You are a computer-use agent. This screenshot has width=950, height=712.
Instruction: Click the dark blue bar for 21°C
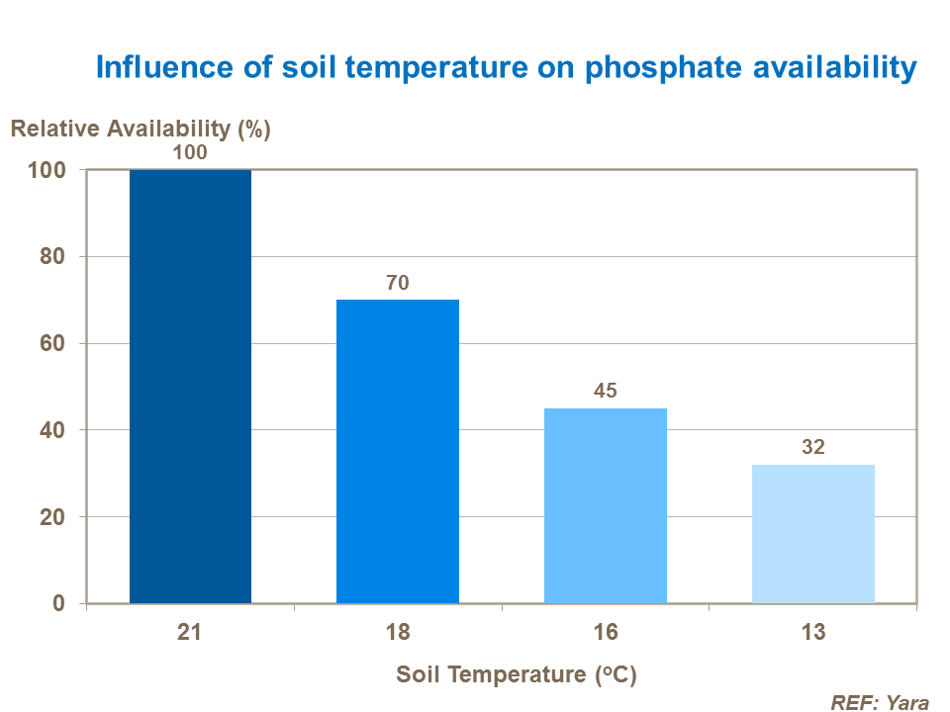190,386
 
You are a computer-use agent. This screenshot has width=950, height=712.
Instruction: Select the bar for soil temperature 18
398,451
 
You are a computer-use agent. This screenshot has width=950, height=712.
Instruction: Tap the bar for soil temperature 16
606,505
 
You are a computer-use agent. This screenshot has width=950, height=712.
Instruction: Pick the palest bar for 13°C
813,534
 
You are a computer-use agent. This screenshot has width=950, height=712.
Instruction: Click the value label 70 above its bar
398,283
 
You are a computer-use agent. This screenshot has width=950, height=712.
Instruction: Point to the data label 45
606,391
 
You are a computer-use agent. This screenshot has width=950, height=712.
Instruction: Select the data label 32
813,447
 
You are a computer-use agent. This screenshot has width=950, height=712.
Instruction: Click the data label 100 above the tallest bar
190,153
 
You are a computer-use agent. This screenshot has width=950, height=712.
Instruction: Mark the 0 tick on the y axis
59,603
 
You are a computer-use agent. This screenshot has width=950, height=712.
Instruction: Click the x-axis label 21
190,633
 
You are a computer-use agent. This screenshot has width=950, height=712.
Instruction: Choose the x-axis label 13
813,633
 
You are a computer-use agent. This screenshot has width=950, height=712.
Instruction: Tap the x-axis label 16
606,633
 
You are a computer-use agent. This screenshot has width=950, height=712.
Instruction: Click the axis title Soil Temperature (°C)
516,675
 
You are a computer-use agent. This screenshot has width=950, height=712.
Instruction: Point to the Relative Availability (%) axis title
140,129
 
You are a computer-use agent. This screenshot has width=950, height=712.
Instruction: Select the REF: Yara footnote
880,703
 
